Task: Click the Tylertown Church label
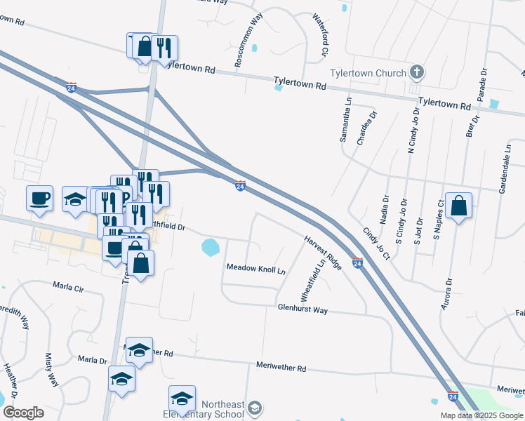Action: coord(368,74)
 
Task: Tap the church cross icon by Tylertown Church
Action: coord(417,72)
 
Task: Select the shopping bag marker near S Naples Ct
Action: coord(458,206)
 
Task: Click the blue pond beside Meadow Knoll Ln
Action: coord(209,246)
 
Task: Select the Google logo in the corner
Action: coord(23,413)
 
